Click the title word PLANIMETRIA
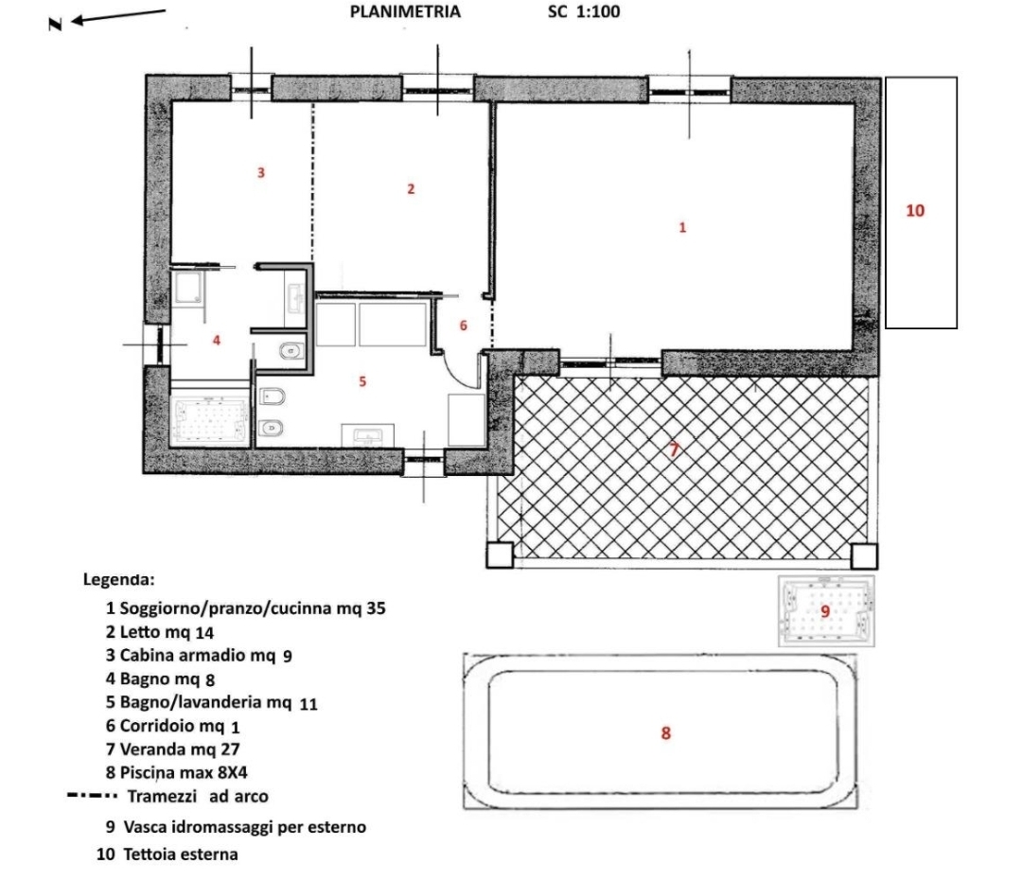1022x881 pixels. click(405, 11)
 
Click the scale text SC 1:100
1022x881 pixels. click(583, 11)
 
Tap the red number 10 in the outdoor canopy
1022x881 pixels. click(915, 210)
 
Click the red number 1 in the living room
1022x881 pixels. click(682, 227)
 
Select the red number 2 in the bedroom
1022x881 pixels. click(411, 189)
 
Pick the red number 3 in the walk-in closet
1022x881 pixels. click(261, 172)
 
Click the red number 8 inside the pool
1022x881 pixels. click(665, 733)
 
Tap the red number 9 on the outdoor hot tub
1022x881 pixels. click(825, 611)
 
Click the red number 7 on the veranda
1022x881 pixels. click(675, 449)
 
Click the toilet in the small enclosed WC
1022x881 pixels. click(291, 352)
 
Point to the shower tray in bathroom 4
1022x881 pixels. click(188, 289)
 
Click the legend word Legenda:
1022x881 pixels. click(118, 579)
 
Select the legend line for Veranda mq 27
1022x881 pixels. click(173, 749)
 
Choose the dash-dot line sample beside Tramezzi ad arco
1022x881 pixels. click(92, 796)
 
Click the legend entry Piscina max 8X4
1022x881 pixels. click(177, 773)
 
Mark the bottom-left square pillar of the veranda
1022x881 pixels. click(500, 555)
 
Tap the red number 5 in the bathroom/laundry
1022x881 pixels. click(362, 381)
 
